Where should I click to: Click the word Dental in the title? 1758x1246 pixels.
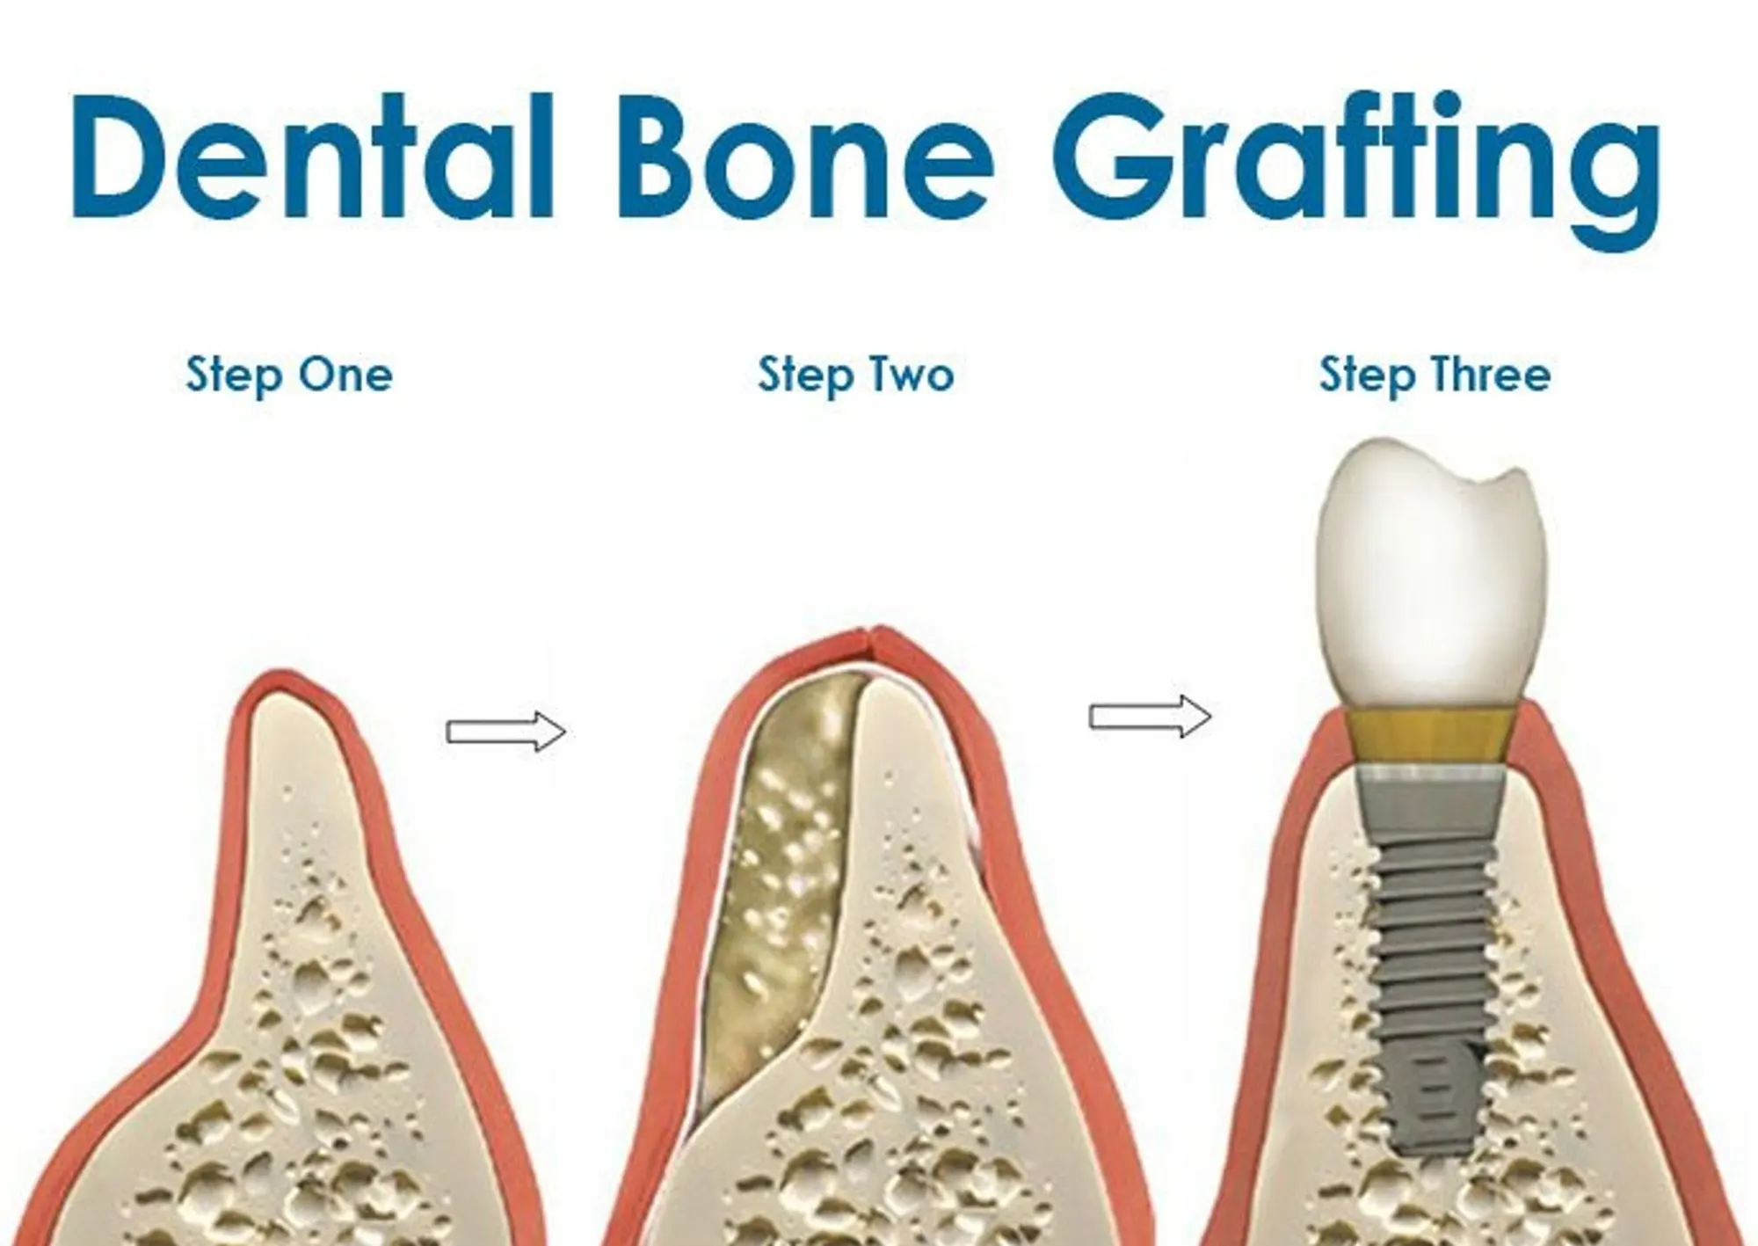tap(312, 157)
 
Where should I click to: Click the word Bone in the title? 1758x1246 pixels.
tap(807, 157)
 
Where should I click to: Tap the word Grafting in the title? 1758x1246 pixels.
tap(1355, 167)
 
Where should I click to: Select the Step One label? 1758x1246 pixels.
tap(289, 375)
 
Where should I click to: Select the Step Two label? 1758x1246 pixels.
tap(856, 375)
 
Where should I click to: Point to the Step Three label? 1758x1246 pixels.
tap(1435, 375)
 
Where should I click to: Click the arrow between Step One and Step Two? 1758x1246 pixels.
tap(506, 732)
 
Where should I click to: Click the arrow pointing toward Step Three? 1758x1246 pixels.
tap(1150, 717)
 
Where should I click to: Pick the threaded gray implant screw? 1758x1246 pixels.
tap(1431, 958)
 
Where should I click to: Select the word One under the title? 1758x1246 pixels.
tap(345, 375)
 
